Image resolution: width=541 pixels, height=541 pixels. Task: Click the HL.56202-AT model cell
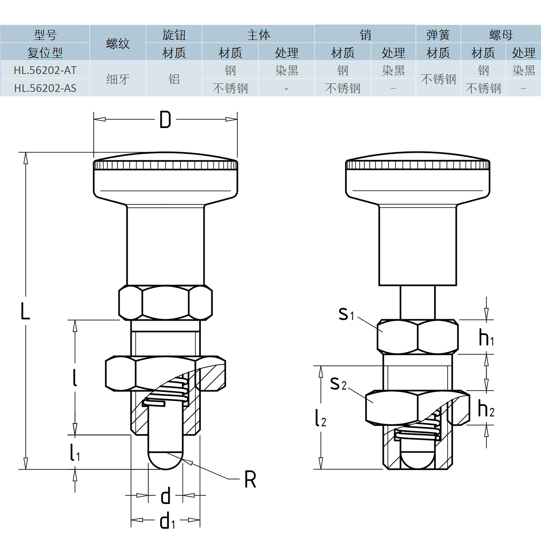tap(45, 70)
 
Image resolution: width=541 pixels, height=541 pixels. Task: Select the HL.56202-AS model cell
tap(45, 88)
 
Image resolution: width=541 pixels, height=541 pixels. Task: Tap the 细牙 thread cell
tap(118, 79)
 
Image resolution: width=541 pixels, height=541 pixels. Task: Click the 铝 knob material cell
tap(174, 79)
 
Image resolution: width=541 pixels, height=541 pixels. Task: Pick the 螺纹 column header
tap(118, 43)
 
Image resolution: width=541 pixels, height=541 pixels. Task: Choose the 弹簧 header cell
tap(438, 35)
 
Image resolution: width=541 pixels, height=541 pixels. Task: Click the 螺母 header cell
tap(501, 35)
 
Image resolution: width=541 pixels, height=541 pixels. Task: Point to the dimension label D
tap(165, 120)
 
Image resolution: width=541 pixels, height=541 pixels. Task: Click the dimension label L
tap(25, 311)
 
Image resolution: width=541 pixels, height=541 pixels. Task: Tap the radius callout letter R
tap(250, 479)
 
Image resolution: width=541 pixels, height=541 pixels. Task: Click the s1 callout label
tap(346, 314)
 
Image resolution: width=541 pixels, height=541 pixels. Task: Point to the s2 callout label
tap(338, 383)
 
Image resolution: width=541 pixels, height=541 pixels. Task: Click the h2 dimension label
tap(486, 409)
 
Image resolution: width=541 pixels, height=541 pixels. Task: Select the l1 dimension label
tap(75, 453)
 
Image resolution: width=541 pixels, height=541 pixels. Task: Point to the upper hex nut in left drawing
tap(166, 303)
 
